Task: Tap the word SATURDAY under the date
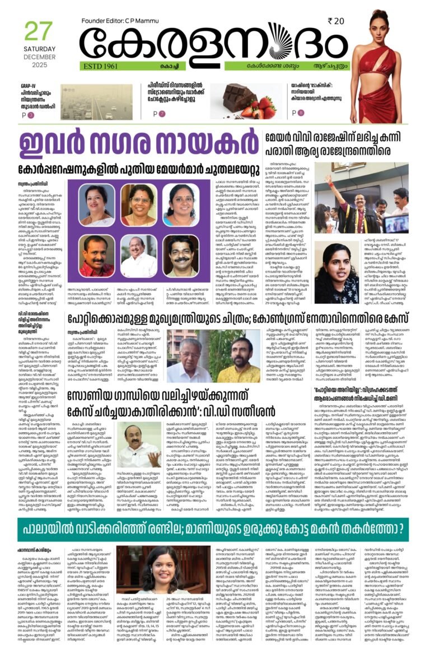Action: click(x=40, y=48)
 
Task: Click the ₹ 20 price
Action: click(x=336, y=21)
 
